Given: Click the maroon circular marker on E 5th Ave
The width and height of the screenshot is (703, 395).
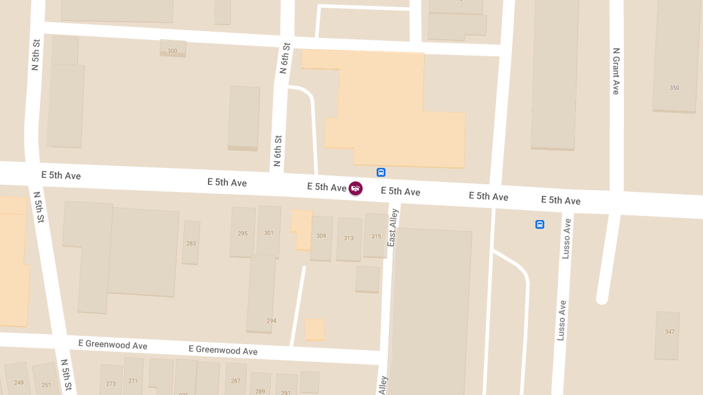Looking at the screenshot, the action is [x=355, y=188].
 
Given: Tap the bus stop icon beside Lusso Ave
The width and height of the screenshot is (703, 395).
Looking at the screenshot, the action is [x=540, y=224].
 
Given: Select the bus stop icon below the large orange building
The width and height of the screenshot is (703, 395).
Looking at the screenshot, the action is [x=381, y=172].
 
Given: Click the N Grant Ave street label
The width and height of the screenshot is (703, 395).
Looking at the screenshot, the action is [x=616, y=71].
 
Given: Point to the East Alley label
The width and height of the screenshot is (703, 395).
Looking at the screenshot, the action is [x=393, y=227].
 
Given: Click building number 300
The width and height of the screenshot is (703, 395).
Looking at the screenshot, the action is [x=172, y=51].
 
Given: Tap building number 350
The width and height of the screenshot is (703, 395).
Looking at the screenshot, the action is [x=674, y=88].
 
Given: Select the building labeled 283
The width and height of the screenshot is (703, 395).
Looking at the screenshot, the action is [x=191, y=243].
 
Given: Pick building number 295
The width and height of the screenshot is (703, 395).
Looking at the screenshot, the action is [x=243, y=233].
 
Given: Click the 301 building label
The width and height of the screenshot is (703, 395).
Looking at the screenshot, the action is [x=269, y=233].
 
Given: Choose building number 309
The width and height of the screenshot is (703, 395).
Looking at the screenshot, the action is [x=321, y=236].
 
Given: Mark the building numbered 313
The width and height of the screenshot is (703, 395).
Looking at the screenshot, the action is [x=349, y=238].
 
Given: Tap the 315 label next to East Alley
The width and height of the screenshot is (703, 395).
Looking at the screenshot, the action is [x=376, y=237].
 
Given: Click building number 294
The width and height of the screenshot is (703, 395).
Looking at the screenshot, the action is [x=271, y=321].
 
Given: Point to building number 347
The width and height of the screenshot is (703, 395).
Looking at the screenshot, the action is [x=670, y=332].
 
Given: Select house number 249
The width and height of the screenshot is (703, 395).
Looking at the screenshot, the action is [x=19, y=383].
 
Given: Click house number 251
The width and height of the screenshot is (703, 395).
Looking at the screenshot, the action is [x=46, y=384].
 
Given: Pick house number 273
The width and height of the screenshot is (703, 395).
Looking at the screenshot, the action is [x=111, y=384].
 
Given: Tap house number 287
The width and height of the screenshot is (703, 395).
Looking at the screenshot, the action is [x=236, y=381].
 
